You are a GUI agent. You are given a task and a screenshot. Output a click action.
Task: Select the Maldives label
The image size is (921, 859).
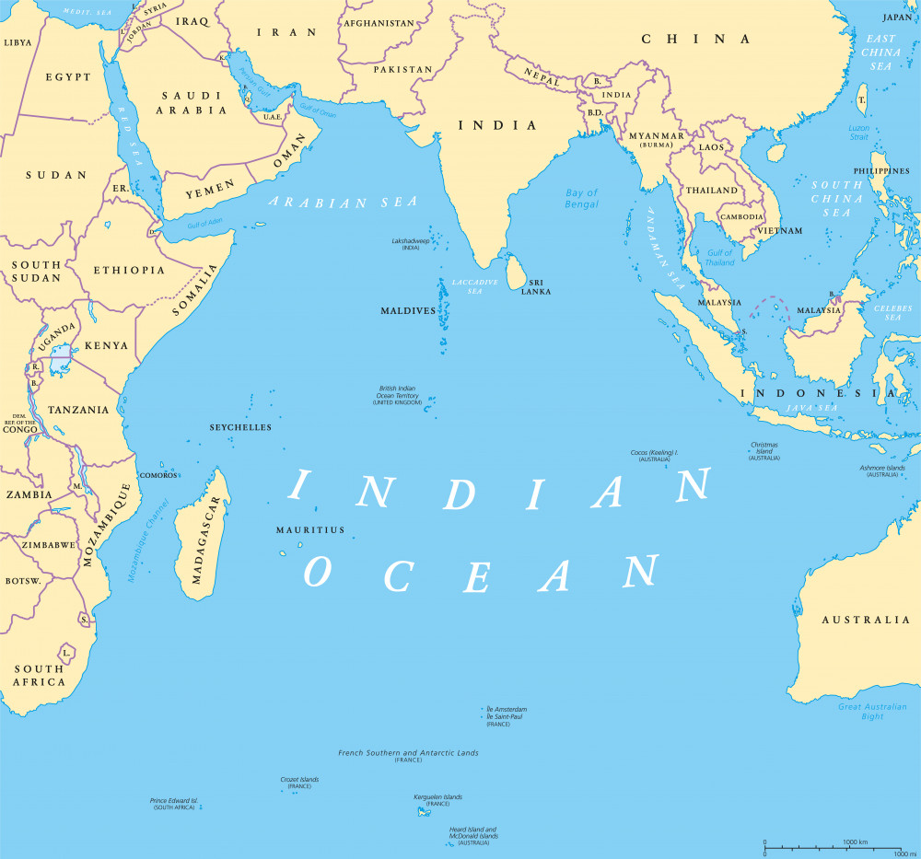click(408, 311)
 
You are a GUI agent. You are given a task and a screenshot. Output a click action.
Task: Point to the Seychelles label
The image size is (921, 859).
click(240, 428)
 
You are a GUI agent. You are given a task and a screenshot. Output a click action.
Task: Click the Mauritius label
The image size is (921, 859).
click(310, 530)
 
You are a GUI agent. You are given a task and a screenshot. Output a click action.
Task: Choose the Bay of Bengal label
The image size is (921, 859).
click(581, 198)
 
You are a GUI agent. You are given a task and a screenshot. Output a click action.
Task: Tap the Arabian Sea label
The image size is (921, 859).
click(342, 203)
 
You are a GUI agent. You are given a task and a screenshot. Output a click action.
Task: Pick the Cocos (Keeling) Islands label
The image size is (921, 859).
click(654, 453)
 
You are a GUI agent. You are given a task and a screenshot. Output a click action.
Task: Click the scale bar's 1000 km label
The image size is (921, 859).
click(856, 842)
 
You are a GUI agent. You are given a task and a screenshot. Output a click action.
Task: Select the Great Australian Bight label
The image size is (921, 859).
click(872, 712)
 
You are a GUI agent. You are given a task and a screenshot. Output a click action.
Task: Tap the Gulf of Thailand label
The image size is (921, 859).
click(719, 258)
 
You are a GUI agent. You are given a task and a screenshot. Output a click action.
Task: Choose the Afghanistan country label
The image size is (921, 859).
click(379, 23)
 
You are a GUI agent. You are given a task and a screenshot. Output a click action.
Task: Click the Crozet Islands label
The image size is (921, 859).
click(299, 780)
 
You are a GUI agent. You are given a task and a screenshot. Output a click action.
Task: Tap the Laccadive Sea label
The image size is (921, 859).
click(474, 285)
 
